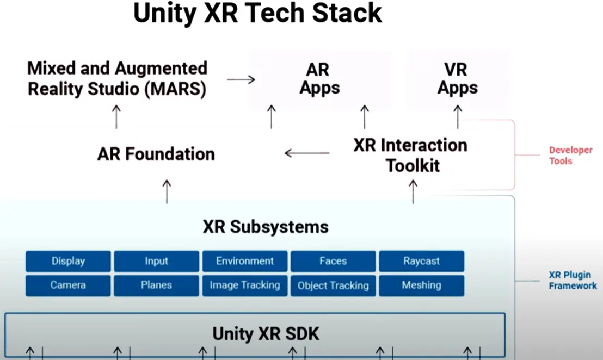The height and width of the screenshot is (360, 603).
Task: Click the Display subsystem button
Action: click(68, 261)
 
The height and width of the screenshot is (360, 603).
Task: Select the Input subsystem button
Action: click(157, 261)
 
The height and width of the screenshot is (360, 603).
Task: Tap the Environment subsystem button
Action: click(245, 261)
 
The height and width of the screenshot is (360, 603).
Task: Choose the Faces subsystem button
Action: click(333, 261)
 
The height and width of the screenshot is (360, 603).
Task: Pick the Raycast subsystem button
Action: click(421, 261)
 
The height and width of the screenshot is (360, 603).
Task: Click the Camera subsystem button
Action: click(68, 285)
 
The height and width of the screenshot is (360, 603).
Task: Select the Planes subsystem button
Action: click(157, 285)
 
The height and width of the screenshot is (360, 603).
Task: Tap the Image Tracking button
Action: click(245, 285)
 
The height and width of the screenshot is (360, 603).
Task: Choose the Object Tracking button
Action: click(333, 285)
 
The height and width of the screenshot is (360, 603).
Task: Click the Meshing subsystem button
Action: click(421, 285)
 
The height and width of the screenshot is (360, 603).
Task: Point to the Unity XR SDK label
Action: click(266, 334)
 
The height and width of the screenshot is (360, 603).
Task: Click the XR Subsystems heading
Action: click(266, 227)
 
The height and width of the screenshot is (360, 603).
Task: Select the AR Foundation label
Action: click(156, 154)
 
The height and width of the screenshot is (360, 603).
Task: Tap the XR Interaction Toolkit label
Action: click(411, 155)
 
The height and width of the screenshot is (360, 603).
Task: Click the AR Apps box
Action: click(320, 79)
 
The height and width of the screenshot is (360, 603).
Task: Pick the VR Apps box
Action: click(458, 79)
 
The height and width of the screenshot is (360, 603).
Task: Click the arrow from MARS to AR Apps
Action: click(241, 79)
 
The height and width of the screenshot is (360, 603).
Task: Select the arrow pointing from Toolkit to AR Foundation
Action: click(307, 153)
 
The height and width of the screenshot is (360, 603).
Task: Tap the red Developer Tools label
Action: click(571, 155)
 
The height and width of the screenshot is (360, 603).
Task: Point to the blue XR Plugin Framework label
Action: click(573, 281)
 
